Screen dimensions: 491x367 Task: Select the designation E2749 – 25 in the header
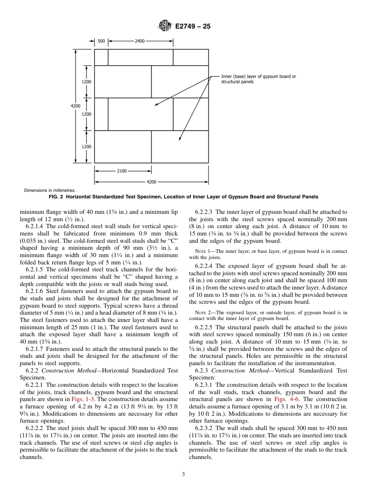pyautogui.click(x=193, y=27)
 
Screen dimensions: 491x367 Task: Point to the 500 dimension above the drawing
pyautogui.click(x=101, y=41)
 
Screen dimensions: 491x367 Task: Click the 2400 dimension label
pyautogui.click(x=140, y=41)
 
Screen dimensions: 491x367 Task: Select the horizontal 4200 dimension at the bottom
pyautogui.click(x=151, y=182)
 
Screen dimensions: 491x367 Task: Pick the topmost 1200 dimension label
pyautogui.click(x=87, y=82)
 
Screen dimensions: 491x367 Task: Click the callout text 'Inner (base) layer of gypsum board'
pyautogui.click(x=258, y=76)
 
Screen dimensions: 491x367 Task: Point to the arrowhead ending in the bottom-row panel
pyautogui.click(x=180, y=141)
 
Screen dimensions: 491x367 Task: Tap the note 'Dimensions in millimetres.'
pyautogui.click(x=50, y=190)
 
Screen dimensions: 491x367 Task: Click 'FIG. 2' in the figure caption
pyautogui.click(x=56, y=197)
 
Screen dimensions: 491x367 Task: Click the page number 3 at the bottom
pyautogui.click(x=183, y=474)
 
